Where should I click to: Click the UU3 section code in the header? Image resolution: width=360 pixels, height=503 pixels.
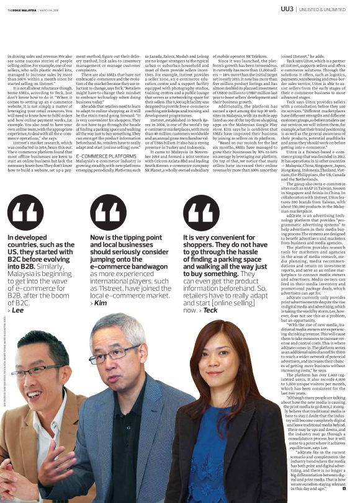tap(288, 9)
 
